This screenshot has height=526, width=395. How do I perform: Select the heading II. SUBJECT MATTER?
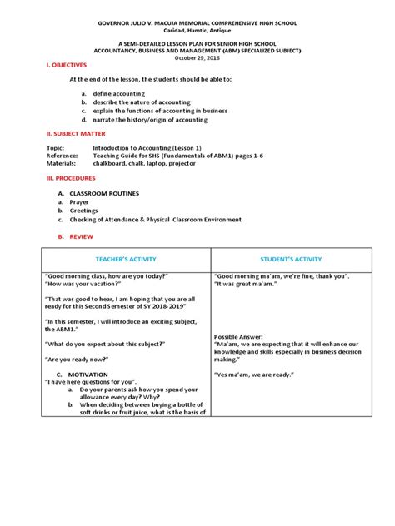tap(62, 133)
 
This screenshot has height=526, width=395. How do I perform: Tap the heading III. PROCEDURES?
tap(59, 178)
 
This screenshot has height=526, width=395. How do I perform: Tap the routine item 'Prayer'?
tap(79, 201)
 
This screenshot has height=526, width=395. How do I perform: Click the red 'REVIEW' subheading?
tap(82, 237)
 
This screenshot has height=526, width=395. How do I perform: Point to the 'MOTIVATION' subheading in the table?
tap(87, 375)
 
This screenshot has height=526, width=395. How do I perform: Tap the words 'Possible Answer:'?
tap(242, 335)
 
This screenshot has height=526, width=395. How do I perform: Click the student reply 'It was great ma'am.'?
tap(247, 284)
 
